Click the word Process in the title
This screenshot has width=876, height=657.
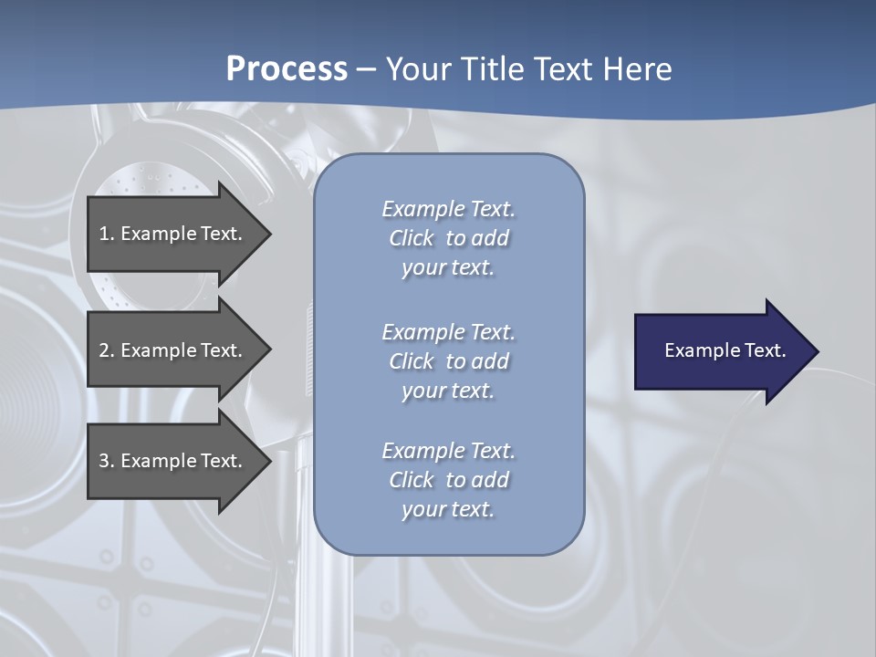(287, 69)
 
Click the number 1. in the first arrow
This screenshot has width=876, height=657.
(106, 234)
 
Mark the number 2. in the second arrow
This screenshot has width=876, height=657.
(106, 350)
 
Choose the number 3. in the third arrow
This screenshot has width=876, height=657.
(106, 461)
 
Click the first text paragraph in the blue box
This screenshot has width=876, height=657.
(448, 238)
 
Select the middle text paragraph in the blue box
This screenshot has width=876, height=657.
(448, 361)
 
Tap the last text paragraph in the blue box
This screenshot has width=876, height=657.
(448, 480)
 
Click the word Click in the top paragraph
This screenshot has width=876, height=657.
(411, 238)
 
